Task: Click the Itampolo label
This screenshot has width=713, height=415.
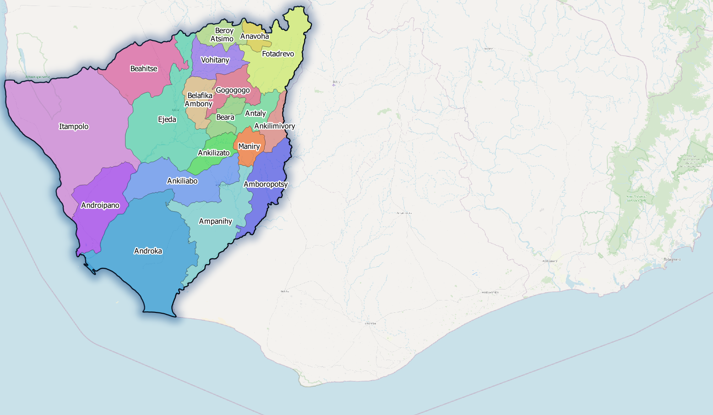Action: [74, 126]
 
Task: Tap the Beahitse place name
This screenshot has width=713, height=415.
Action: [144, 69]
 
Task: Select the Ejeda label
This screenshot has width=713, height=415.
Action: [167, 120]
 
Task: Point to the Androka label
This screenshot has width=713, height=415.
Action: [148, 251]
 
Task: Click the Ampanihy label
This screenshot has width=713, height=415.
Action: [215, 221]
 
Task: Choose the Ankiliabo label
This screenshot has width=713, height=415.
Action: [182, 181]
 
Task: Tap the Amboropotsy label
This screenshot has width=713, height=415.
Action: [266, 184]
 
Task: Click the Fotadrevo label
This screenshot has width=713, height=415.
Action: [278, 54]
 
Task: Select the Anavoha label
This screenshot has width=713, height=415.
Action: [255, 36]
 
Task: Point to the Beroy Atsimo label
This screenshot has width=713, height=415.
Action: [223, 35]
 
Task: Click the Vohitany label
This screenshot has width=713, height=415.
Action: [215, 60]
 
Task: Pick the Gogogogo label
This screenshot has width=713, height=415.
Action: [233, 90]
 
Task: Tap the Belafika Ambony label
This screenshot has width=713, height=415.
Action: [199, 100]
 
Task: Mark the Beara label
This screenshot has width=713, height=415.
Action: [225, 117]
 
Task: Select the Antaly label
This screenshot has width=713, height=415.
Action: [256, 113]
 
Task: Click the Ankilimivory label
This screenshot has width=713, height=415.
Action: [274, 126]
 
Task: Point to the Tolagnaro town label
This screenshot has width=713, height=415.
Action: [672, 259]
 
